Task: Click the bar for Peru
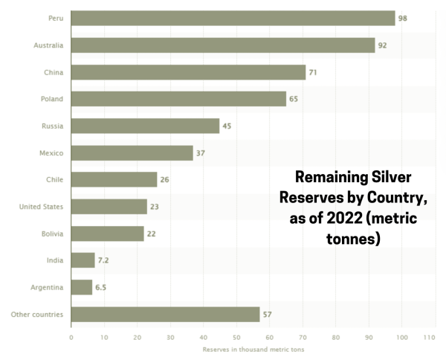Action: tap(233, 18)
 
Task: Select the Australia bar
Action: tap(223, 45)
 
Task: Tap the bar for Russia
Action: tap(145, 126)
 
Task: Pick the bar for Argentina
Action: tap(82, 287)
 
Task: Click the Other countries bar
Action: tap(165, 314)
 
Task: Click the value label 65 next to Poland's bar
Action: tap(294, 99)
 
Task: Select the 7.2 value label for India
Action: tap(104, 260)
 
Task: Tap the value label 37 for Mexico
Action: tap(201, 153)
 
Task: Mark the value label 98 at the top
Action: tap(403, 18)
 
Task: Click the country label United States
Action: tap(42, 207)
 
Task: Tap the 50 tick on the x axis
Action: tap(236, 337)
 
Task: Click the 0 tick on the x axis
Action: tap(71, 337)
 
